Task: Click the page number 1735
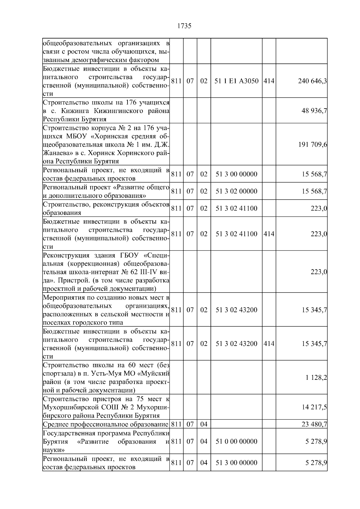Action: click(184, 26)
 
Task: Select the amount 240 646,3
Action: click(312, 81)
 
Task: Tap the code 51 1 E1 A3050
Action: click(236, 81)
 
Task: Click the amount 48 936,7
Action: click(314, 111)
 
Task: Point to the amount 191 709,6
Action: click(312, 145)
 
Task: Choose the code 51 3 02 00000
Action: click(236, 191)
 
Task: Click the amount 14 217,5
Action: click(314, 407)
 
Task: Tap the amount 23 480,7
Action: click(314, 424)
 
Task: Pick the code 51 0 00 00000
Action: click(236, 442)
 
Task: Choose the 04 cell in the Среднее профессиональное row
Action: click(204, 424)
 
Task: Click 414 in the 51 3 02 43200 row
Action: click(269, 344)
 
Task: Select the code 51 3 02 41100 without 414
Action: click(236, 208)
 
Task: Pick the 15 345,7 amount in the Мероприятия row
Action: click(314, 310)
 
